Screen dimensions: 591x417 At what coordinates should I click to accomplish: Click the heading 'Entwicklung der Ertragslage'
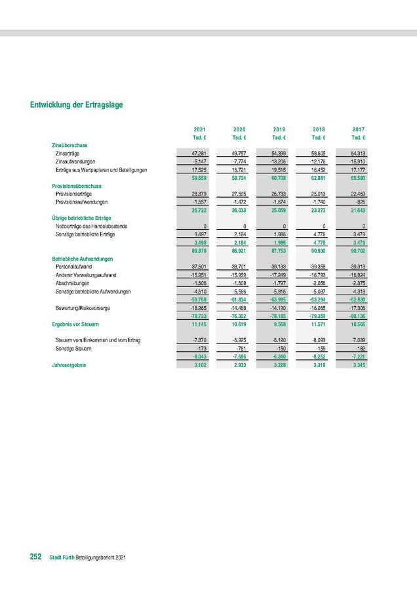pyautogui.click(x=76, y=104)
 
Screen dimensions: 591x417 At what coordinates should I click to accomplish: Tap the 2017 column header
pyautogui.click(x=359, y=129)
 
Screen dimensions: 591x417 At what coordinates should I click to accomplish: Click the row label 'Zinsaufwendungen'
pyautogui.click(x=76, y=161)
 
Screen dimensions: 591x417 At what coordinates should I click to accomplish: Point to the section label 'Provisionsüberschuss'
pyautogui.click(x=76, y=186)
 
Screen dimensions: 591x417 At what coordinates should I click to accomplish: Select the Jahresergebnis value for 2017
pyautogui.click(x=357, y=364)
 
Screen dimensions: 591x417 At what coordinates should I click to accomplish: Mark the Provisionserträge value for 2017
pyautogui.click(x=357, y=194)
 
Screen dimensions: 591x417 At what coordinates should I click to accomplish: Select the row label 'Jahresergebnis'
pyautogui.click(x=69, y=364)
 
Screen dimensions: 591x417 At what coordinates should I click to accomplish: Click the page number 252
pyautogui.click(x=35, y=557)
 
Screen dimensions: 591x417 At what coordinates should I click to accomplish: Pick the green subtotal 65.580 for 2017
pyautogui.click(x=357, y=177)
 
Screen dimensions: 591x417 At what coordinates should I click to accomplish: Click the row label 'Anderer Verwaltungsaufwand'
pyautogui.click(x=86, y=275)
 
